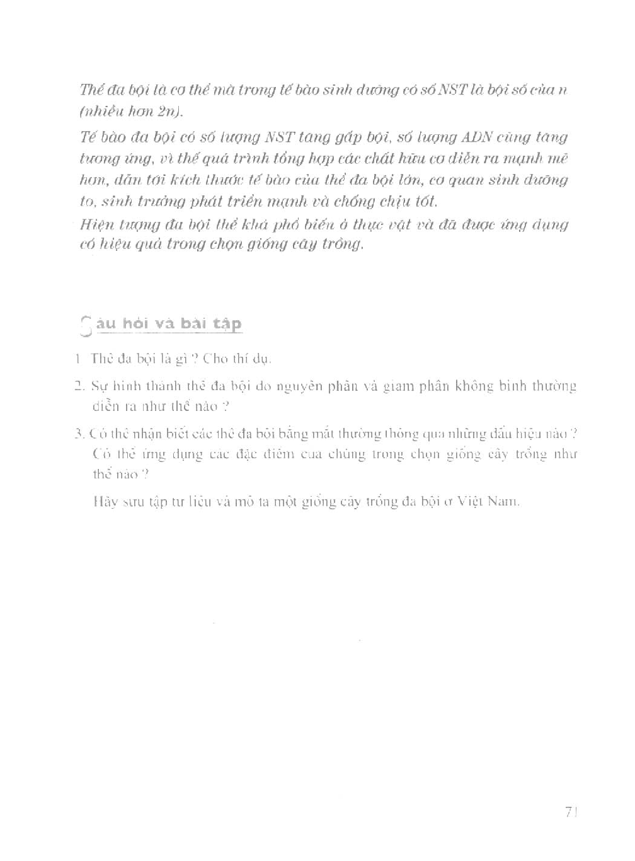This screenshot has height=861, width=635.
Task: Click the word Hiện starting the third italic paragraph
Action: pos(95,224)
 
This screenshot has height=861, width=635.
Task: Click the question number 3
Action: pos(78,434)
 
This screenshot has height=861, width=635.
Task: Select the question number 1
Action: pos(77,359)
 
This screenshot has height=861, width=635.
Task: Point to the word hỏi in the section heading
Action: pos(135,323)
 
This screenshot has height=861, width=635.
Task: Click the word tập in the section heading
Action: pos(227,325)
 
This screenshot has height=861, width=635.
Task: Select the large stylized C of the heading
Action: pos(87,325)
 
